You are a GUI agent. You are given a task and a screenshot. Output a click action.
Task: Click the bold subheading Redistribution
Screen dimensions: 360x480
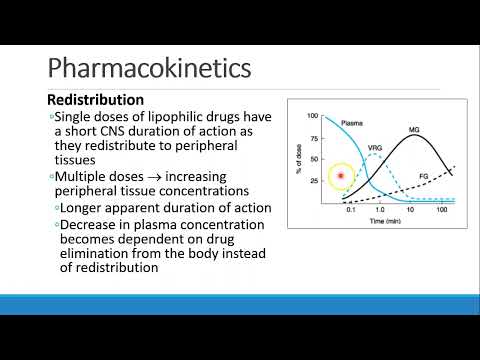(x=96, y=101)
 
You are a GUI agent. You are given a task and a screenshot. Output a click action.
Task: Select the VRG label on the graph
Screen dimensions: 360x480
(x=376, y=148)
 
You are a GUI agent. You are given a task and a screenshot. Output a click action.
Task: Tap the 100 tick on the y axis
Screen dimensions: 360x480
(x=312, y=117)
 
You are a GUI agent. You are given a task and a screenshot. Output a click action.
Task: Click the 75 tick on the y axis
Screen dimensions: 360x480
(x=314, y=138)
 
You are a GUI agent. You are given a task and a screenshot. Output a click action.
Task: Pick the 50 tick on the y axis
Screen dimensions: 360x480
(x=314, y=159)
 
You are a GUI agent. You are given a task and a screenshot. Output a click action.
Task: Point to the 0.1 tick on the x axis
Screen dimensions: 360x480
(x=349, y=211)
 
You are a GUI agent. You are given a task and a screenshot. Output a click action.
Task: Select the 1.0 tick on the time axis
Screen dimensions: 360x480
(x=381, y=211)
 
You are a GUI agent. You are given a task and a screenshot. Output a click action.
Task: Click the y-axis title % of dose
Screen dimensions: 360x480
(x=298, y=158)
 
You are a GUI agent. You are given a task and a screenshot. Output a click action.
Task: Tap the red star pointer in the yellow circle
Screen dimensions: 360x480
(x=342, y=177)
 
